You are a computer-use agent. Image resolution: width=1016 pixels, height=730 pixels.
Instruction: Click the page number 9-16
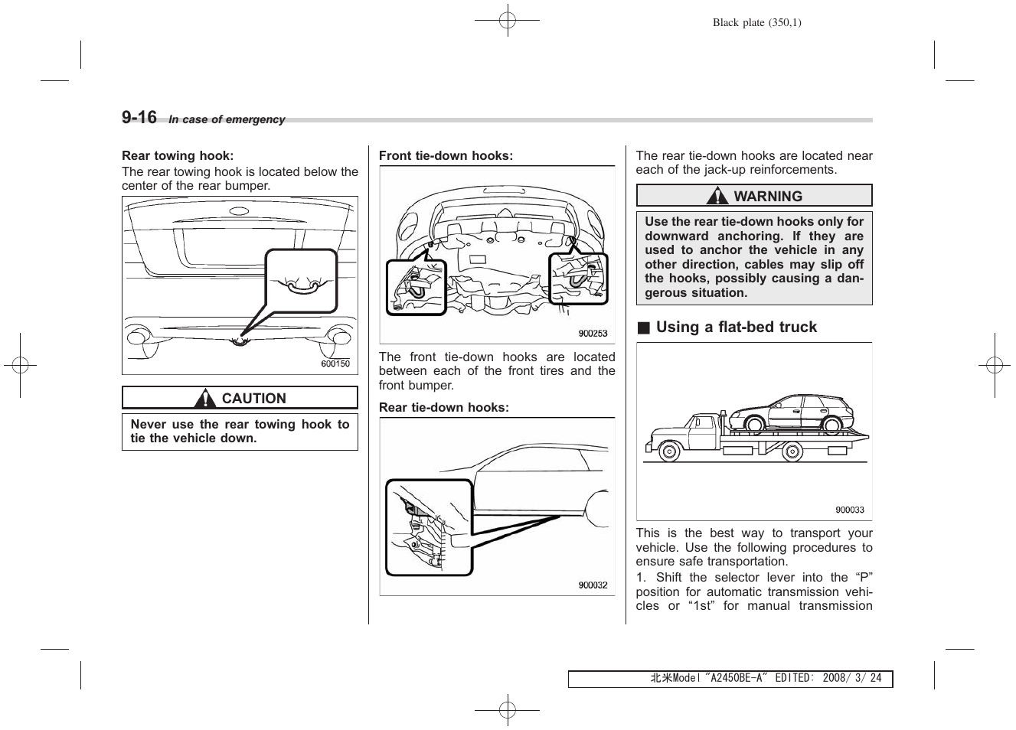coord(139,117)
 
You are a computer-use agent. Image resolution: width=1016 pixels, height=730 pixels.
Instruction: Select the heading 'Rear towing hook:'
coord(177,155)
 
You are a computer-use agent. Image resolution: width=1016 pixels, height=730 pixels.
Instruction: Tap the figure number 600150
coord(335,363)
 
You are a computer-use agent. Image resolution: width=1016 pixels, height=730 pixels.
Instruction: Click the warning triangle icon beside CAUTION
coord(204,399)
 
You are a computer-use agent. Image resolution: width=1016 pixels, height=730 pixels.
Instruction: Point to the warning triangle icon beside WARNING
coord(717,197)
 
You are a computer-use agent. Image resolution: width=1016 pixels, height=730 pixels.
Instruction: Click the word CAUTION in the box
coord(253,399)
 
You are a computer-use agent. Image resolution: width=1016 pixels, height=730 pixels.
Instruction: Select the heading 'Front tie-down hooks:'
coord(446,155)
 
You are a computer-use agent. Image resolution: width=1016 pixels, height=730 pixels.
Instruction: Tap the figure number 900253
coord(593,334)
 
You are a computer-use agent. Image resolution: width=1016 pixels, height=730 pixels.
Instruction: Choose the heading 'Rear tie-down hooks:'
coord(443,407)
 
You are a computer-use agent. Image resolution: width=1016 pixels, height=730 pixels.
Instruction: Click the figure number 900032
coord(593,585)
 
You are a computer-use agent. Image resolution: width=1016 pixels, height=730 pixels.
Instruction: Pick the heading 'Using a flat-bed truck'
coord(736,327)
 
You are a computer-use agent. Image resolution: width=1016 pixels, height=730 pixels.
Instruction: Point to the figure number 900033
coord(849,510)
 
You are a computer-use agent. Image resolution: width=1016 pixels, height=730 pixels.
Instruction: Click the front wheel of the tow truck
coord(668,450)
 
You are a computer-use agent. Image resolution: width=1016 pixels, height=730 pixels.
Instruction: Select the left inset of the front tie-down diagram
coord(416,287)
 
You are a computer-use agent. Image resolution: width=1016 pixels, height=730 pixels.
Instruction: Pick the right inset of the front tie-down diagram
coord(579,279)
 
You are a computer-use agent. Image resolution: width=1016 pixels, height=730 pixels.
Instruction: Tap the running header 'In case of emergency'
coord(227,119)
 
